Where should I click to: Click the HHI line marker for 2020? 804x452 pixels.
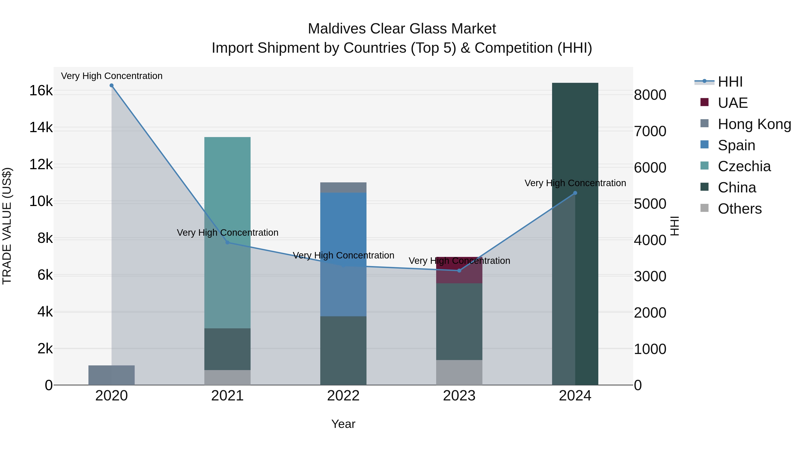point(111,85)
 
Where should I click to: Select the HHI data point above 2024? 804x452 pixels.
point(575,193)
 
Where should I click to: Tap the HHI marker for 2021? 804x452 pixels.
point(228,242)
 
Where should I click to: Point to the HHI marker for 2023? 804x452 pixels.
point(459,271)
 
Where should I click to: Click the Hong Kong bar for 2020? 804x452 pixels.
point(111,375)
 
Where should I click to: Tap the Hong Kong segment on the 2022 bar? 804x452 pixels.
point(343,187)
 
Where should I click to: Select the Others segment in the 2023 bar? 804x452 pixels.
point(459,373)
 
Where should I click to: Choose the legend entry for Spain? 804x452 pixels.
point(736,145)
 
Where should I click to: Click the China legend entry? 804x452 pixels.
point(737,187)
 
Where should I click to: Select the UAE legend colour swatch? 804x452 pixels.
point(704,102)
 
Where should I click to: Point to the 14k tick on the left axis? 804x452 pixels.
point(41,128)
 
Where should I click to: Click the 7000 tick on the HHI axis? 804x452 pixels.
point(650,131)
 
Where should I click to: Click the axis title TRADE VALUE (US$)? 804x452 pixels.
point(7,226)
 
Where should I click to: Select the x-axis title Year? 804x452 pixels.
point(343,424)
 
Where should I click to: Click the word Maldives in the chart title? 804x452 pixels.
point(337,29)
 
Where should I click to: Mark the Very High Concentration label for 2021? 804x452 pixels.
point(228,233)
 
